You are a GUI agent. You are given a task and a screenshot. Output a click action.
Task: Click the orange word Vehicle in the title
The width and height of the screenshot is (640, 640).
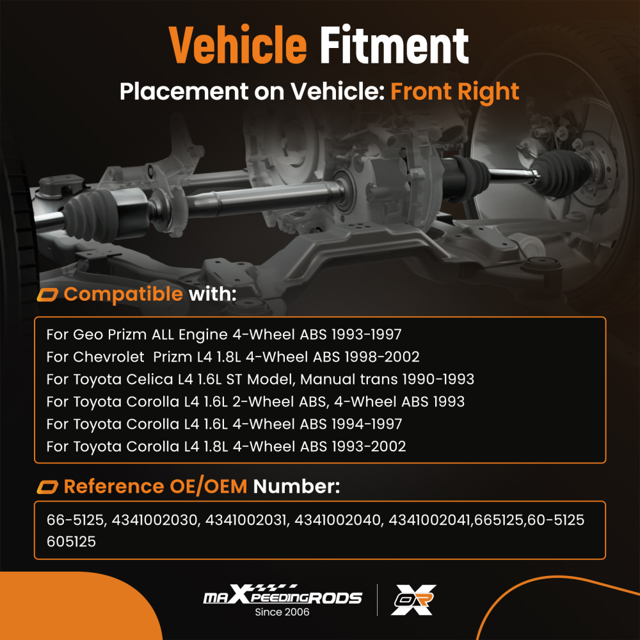[x=237, y=46]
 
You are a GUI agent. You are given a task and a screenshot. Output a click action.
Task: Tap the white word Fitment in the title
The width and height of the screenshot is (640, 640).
[x=394, y=46]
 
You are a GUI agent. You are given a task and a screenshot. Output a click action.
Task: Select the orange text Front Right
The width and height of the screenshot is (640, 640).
[x=454, y=92]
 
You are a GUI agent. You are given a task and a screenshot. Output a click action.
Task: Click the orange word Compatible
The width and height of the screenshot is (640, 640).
[x=123, y=294]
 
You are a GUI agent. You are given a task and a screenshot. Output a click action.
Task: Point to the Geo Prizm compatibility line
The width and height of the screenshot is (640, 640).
[x=223, y=334]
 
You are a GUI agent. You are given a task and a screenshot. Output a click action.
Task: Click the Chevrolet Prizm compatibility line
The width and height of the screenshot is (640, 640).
[x=232, y=356]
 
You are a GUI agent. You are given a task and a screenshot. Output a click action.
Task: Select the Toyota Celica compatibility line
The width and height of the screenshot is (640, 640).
[x=260, y=379]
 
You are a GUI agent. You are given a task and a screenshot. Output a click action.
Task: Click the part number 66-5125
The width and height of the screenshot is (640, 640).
[x=74, y=521]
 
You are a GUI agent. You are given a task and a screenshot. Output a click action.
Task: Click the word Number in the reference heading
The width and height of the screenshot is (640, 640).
[x=296, y=487]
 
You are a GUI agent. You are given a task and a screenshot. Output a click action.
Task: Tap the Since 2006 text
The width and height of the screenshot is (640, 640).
[x=282, y=612]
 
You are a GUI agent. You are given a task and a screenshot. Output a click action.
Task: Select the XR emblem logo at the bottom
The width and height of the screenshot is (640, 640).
[x=413, y=600]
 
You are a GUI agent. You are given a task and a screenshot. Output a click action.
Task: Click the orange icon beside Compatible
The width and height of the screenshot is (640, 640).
[x=48, y=295]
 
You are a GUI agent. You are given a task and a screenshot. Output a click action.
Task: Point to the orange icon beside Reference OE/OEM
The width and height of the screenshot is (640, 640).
[x=48, y=488]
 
